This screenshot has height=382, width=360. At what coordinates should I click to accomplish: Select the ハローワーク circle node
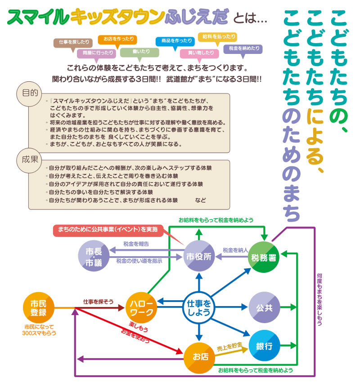tap(142, 307)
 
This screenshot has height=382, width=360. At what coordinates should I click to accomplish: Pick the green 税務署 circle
tap(265, 257)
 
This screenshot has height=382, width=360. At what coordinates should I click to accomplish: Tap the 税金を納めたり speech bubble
tap(243, 49)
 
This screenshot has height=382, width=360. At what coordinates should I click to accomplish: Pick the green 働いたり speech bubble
tap(139, 52)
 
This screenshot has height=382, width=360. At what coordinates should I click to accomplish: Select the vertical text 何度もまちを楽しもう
tap(319, 299)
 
